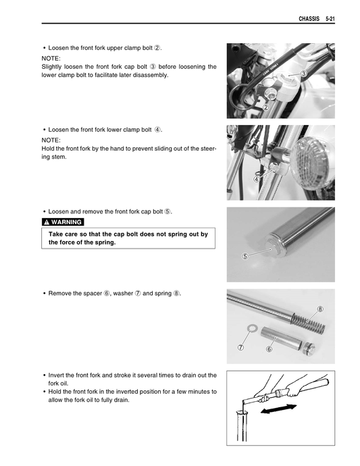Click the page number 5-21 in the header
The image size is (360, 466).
(x=330, y=19)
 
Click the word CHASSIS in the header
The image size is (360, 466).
(x=309, y=19)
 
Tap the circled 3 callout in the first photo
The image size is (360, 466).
(x=303, y=74)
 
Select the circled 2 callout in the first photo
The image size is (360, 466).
(x=265, y=107)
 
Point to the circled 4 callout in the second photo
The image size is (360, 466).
(x=256, y=179)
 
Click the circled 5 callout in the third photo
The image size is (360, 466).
(x=245, y=256)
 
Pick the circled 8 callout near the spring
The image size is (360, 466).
(x=320, y=309)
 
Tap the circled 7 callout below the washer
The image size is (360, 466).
(x=241, y=347)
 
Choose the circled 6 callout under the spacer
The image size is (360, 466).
(x=269, y=349)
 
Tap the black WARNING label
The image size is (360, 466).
(x=63, y=222)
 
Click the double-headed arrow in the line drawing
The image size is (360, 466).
(x=278, y=409)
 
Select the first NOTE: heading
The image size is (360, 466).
(x=51, y=58)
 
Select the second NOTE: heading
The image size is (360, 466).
(x=51, y=140)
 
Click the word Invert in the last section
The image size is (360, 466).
(x=55, y=375)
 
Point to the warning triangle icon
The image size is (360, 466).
(x=47, y=222)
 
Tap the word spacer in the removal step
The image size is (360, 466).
(x=93, y=293)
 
